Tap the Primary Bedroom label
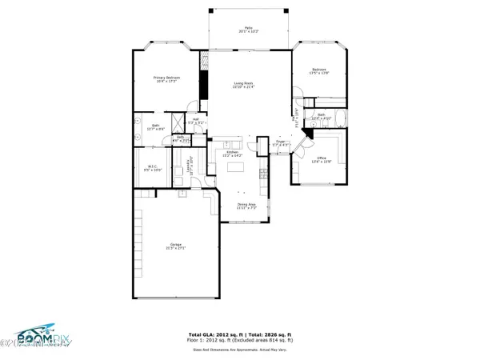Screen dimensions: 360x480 coord(167,79)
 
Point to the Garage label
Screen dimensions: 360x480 coord(175,246)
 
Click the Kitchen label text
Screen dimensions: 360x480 coord(233,153)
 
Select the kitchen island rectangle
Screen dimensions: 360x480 coord(238,169)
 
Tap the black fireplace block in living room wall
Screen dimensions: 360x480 coord(205,85)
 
